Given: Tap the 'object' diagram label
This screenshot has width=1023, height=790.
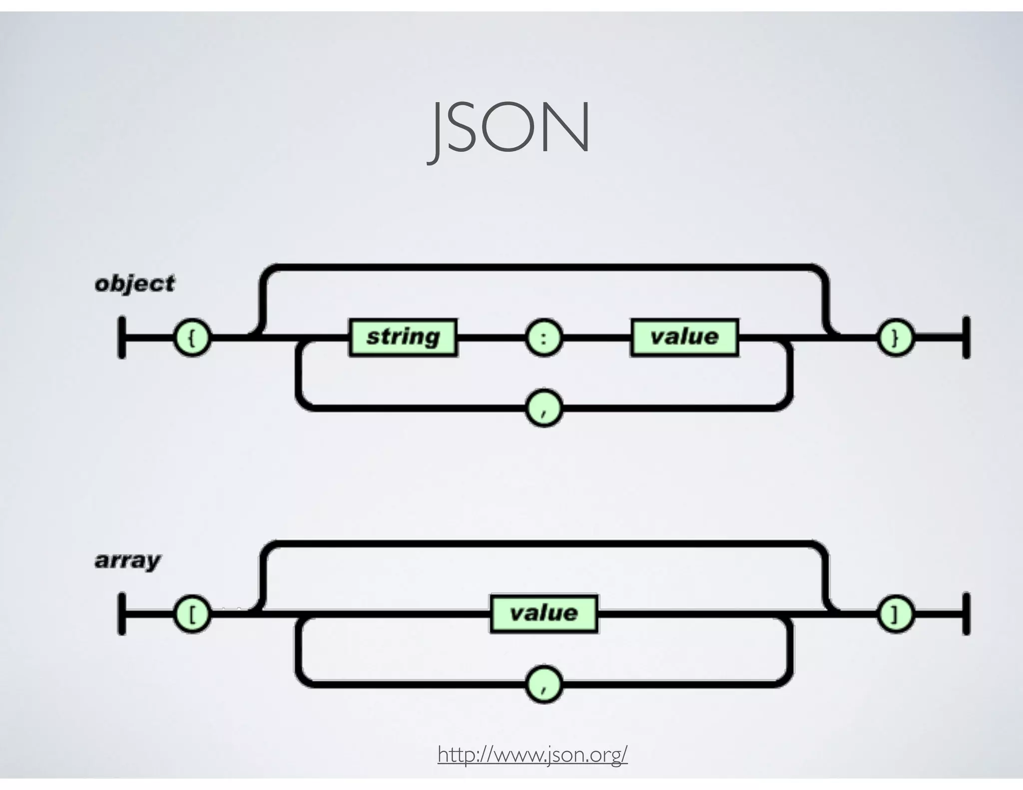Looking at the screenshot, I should coord(135,284).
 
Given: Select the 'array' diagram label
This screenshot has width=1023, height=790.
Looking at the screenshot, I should coord(128,560).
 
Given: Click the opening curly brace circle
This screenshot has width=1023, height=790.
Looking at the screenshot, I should coord(192,338).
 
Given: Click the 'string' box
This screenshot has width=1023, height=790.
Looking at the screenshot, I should coord(403,337).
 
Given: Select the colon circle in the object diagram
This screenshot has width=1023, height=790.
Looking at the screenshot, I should coord(543,338).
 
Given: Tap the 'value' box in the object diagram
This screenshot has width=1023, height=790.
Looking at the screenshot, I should coord(684,337).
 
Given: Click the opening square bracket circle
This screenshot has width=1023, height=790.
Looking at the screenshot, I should coord(192,615).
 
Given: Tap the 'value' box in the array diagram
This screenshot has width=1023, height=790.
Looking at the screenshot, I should coord(543,613).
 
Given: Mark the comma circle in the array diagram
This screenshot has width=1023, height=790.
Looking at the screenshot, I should coord(543,685).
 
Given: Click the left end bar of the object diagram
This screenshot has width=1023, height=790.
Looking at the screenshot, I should coord(121,338).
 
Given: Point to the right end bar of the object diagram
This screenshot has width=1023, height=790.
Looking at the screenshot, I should coord(966,338).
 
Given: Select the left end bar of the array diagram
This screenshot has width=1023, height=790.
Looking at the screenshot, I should coord(121,614).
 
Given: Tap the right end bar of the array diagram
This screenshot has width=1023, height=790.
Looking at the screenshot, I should coord(966,614).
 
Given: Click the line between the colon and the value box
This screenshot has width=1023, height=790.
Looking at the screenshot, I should coord(596,338).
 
